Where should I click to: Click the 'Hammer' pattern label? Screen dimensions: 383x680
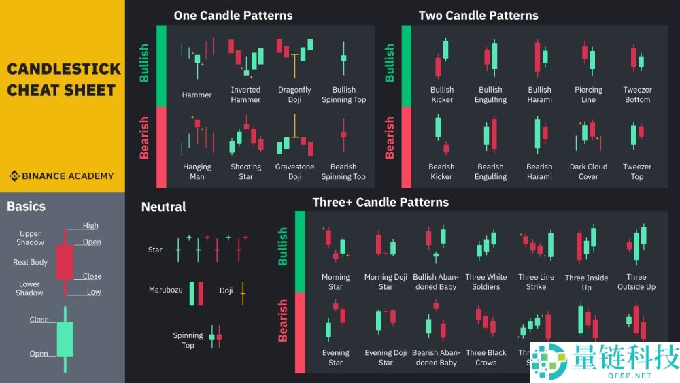(x=197, y=95)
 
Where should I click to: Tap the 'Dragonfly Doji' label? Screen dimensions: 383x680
(x=294, y=95)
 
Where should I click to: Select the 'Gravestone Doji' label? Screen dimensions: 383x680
(x=294, y=171)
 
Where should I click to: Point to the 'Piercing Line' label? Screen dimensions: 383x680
(x=588, y=95)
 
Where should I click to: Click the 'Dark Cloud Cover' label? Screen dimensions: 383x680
(x=588, y=171)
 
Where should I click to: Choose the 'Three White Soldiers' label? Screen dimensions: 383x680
(x=486, y=282)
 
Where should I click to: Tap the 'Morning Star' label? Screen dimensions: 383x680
(x=335, y=282)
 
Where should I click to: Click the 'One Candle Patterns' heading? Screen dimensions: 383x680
(x=233, y=15)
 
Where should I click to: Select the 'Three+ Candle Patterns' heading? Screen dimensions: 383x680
(x=380, y=202)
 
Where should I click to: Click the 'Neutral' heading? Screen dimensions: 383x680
(x=163, y=207)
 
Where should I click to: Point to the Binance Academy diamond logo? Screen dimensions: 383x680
(x=14, y=176)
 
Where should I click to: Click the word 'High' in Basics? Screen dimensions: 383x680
(x=90, y=225)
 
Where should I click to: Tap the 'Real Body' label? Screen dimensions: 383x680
(x=30, y=262)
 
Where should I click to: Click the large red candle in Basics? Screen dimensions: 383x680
(x=65, y=262)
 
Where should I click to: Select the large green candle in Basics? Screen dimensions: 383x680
(x=65, y=339)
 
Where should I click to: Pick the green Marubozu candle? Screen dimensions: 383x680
(x=192, y=293)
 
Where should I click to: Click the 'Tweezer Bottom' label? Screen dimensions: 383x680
(x=637, y=95)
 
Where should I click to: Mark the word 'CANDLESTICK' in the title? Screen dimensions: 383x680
(x=63, y=69)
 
